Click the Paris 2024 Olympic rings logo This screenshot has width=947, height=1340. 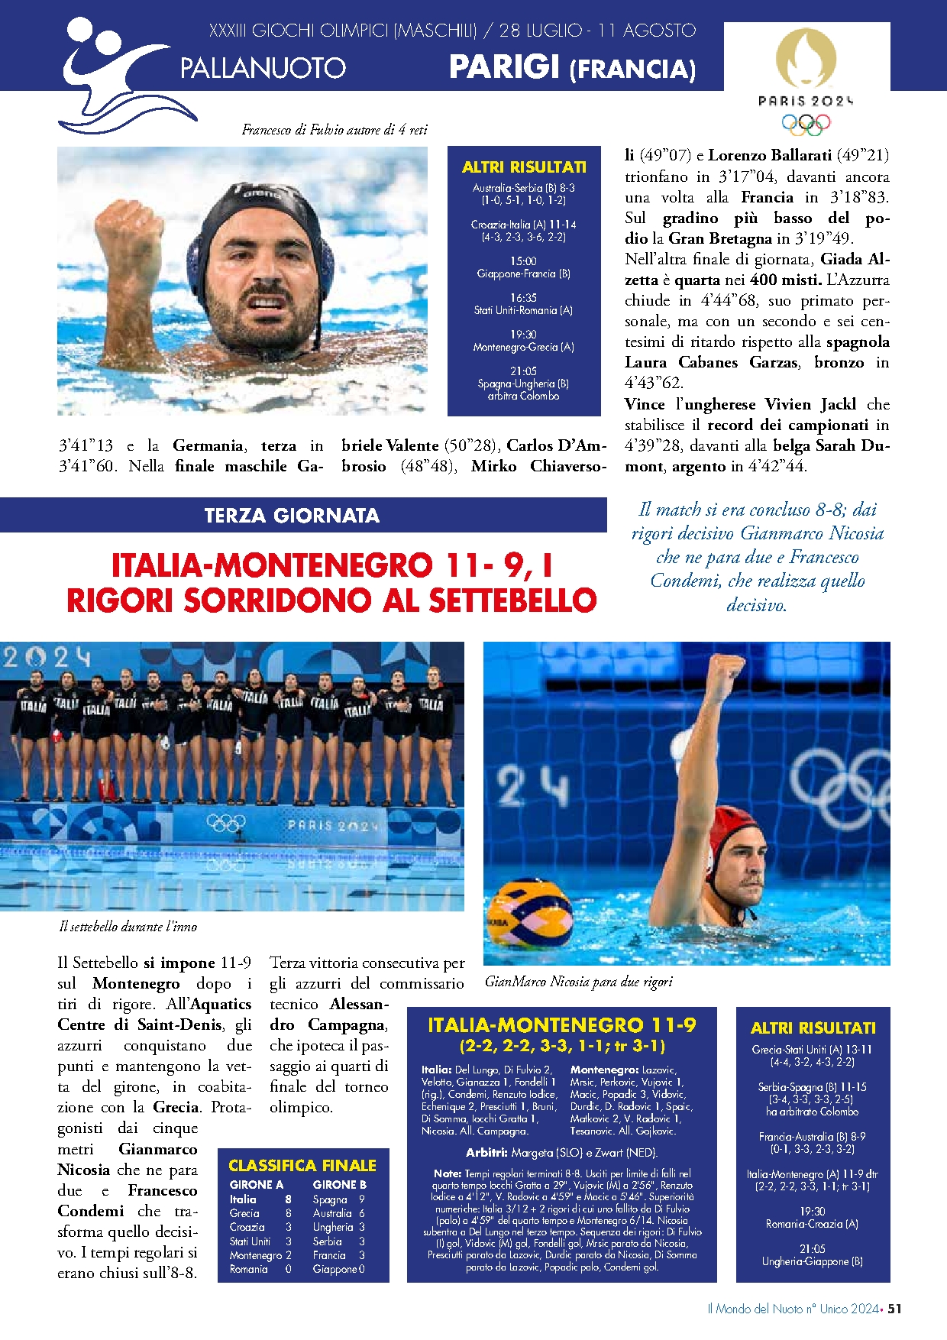click(x=806, y=122)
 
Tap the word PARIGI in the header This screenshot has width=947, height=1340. click(x=504, y=67)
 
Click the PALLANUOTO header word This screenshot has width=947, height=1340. click(x=263, y=68)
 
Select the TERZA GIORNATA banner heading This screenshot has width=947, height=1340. click(x=292, y=516)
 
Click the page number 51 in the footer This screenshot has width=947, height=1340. click(x=894, y=1309)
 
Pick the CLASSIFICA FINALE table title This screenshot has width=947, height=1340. click(x=302, y=1165)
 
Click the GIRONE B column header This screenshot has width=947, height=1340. click(x=339, y=1184)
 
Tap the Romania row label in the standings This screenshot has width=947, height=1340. click(x=249, y=1269)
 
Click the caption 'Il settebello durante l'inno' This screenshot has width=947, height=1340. click(x=128, y=927)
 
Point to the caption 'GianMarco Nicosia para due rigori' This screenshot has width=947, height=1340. click(x=579, y=982)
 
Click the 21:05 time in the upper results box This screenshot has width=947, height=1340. click(x=523, y=371)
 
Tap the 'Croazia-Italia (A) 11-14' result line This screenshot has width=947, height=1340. click(x=523, y=225)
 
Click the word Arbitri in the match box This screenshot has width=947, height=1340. click(x=486, y=1152)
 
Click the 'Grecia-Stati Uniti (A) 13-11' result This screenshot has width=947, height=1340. click(x=812, y=1050)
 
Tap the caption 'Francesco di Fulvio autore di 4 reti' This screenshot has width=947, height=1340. click(x=335, y=130)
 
